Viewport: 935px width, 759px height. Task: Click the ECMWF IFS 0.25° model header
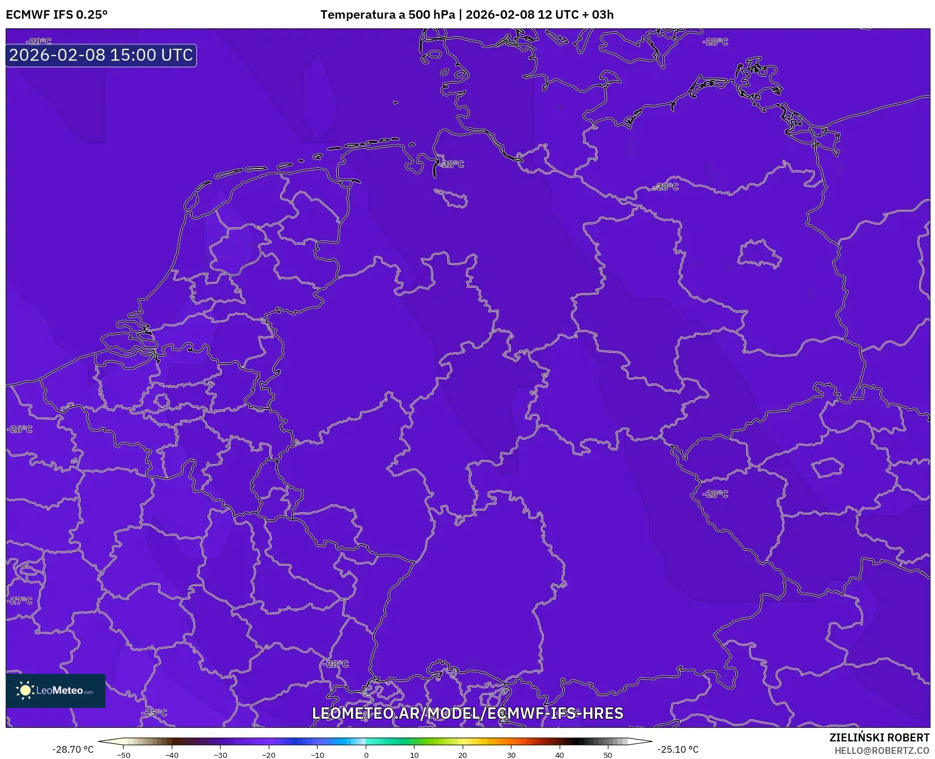(x=57, y=15)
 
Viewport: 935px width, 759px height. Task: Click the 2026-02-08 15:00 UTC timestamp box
(x=101, y=55)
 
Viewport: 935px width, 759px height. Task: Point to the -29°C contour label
(x=39, y=41)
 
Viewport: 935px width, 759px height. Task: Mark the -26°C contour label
(x=20, y=429)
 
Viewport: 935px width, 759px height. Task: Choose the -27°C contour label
(x=20, y=601)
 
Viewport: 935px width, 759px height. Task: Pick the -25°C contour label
(x=155, y=713)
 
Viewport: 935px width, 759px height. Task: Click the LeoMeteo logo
(x=56, y=690)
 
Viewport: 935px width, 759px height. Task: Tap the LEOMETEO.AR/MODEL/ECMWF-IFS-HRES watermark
(x=468, y=713)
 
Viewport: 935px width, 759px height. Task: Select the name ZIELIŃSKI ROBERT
(x=879, y=737)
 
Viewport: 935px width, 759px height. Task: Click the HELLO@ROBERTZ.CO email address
(x=882, y=750)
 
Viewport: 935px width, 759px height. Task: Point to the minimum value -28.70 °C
(x=73, y=749)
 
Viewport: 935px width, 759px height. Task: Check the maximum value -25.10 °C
(x=678, y=749)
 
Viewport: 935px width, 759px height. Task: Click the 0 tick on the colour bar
(x=366, y=755)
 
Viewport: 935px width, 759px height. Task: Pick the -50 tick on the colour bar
(x=123, y=755)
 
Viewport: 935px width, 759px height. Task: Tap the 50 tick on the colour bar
(x=608, y=755)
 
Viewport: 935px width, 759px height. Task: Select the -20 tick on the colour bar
(x=269, y=755)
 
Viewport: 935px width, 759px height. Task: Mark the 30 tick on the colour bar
(x=511, y=755)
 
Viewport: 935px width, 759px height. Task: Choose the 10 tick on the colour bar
(x=414, y=755)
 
